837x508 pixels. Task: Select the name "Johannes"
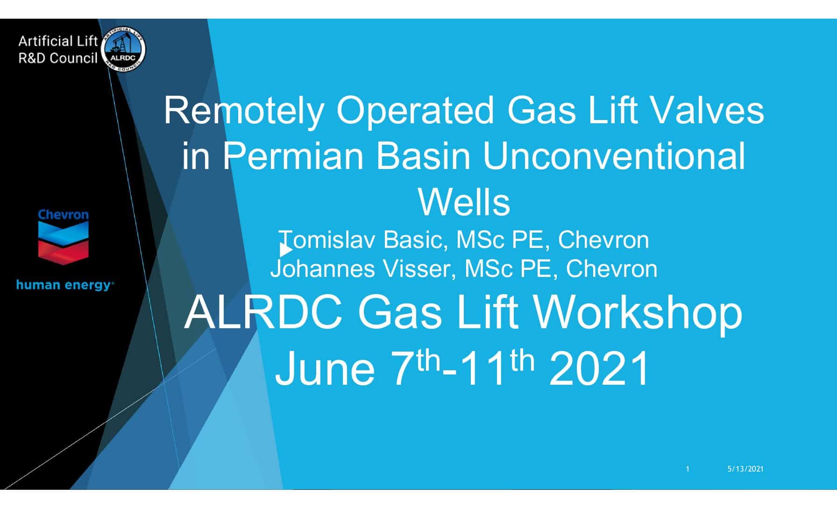point(323,269)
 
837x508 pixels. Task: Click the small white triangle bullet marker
point(286,250)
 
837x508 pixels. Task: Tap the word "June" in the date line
point(325,368)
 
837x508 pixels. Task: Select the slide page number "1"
point(688,469)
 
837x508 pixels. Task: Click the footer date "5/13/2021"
point(745,469)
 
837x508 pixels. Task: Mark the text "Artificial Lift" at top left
point(58,42)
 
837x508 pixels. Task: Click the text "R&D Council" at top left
point(58,58)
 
